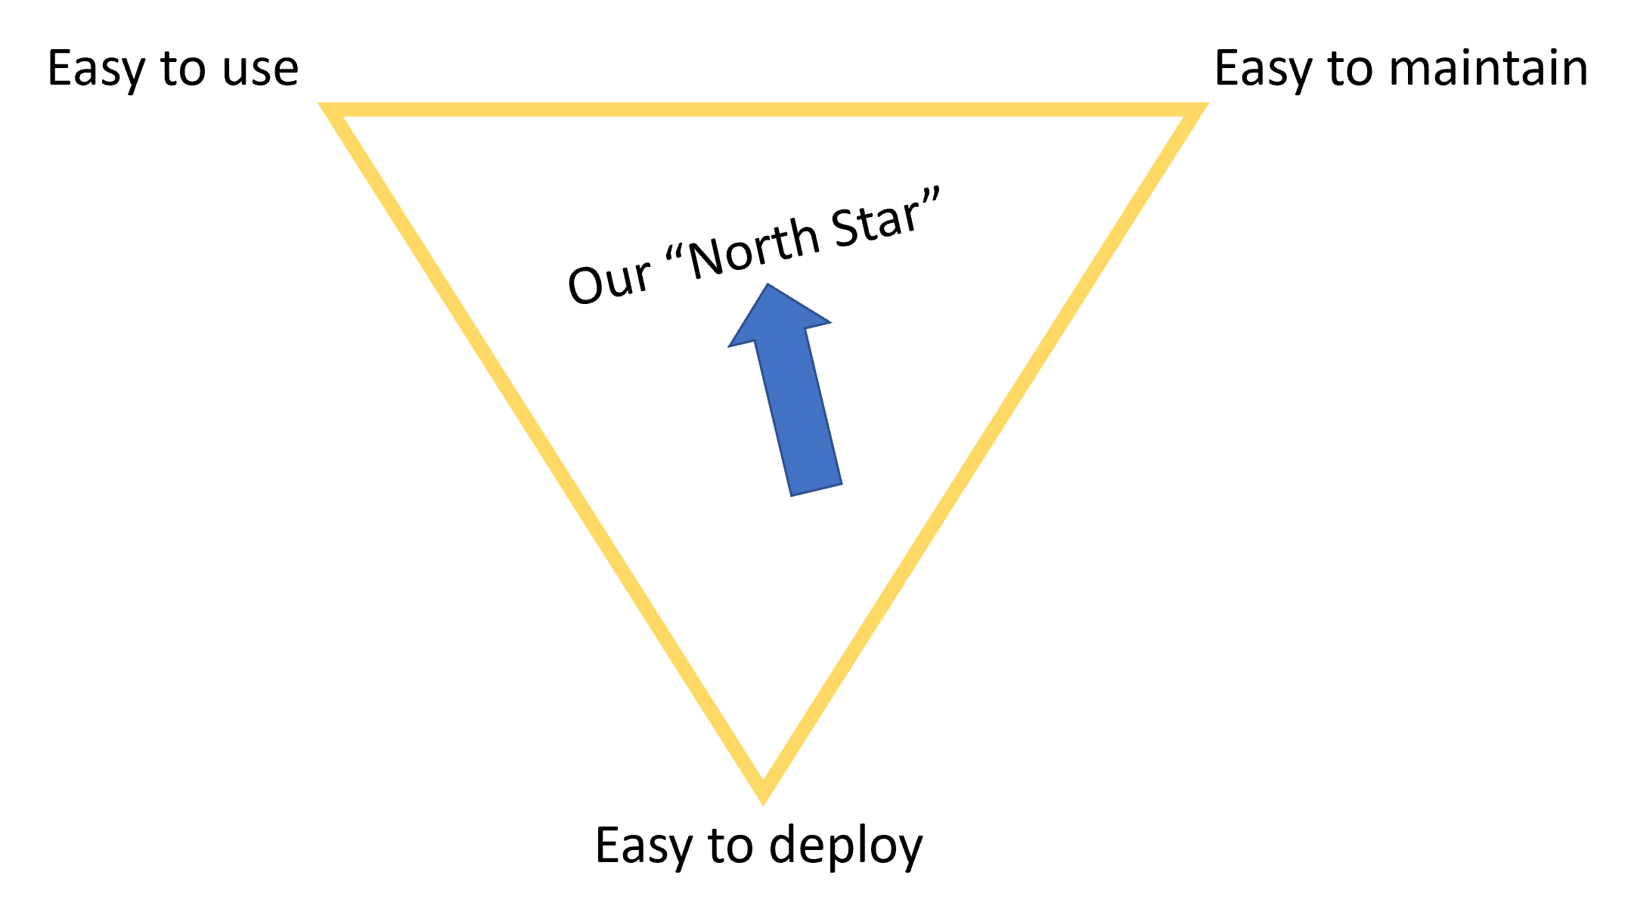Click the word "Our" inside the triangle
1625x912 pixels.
point(609,282)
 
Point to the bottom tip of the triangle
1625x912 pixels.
point(763,794)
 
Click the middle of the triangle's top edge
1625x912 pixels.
point(763,110)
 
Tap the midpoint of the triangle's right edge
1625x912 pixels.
point(979,452)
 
